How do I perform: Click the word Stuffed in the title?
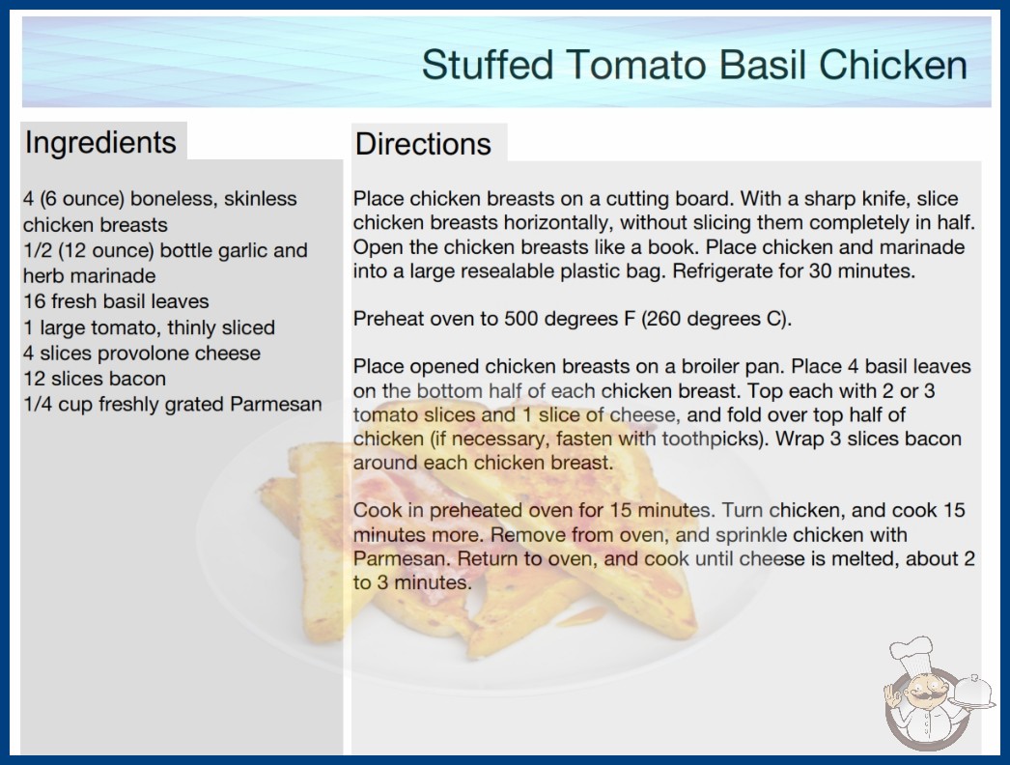pos(488,65)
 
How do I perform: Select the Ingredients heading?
pos(100,143)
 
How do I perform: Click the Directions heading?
pos(423,144)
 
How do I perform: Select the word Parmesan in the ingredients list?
pos(276,404)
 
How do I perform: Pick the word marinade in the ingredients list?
pos(121,276)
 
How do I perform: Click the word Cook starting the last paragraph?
pos(377,510)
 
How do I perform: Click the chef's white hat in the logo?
pos(912,653)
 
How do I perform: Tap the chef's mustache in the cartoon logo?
pos(918,697)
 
